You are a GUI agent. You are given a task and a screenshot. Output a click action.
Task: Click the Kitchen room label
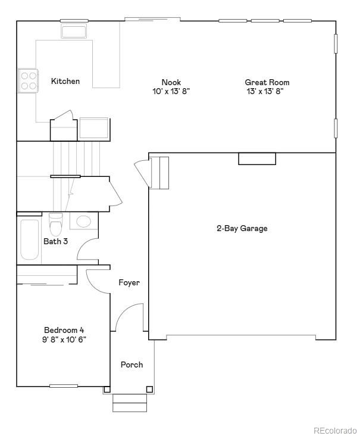pyautogui.click(x=65, y=81)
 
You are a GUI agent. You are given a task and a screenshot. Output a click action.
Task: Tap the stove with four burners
pyautogui.click(x=27, y=80)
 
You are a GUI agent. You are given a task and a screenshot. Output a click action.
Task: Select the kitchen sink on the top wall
pyautogui.click(x=74, y=31)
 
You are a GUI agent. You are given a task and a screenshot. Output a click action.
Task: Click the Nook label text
pyautogui.click(x=171, y=82)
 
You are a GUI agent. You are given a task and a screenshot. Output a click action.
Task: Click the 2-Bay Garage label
pyautogui.click(x=242, y=228)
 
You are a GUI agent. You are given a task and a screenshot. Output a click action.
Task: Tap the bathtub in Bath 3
pyautogui.click(x=29, y=240)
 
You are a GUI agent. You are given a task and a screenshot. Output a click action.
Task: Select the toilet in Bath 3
pyautogui.click(x=55, y=226)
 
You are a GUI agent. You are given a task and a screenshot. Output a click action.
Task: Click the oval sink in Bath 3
pyautogui.click(x=84, y=222)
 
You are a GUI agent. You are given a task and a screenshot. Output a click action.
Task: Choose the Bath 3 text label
pyautogui.click(x=55, y=241)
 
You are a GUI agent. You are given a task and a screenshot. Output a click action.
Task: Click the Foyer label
pyautogui.click(x=129, y=282)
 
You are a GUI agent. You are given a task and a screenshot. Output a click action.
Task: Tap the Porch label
pyautogui.click(x=132, y=365)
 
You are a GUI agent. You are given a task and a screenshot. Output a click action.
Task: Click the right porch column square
pyautogui.click(x=149, y=390)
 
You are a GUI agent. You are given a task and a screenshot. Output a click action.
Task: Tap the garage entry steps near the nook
pyautogui.click(x=159, y=173)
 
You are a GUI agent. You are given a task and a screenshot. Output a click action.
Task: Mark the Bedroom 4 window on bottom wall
pyautogui.click(x=64, y=386)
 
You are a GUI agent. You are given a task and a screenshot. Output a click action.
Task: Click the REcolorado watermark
pyautogui.click(x=335, y=429)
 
